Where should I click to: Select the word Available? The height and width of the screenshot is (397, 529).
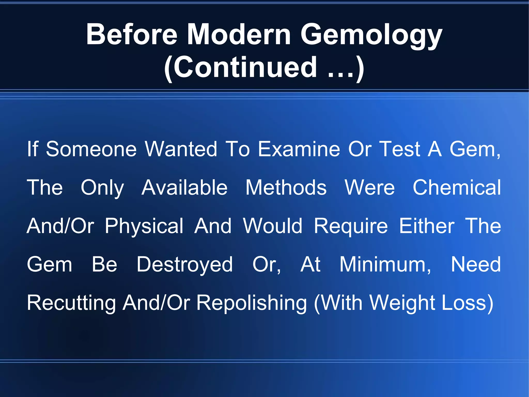[x=184, y=188]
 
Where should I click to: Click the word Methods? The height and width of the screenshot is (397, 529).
[x=286, y=188]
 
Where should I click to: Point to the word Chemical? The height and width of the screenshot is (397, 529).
[x=457, y=188]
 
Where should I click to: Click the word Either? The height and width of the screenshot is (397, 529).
[x=427, y=226]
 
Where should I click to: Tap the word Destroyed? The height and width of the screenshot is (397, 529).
[x=185, y=265]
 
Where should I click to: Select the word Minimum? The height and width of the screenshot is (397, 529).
[x=385, y=264]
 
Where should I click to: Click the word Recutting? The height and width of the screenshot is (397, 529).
[x=71, y=303]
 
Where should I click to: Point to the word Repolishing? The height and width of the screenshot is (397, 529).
[x=252, y=303]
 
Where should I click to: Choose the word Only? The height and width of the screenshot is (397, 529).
[x=102, y=188]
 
